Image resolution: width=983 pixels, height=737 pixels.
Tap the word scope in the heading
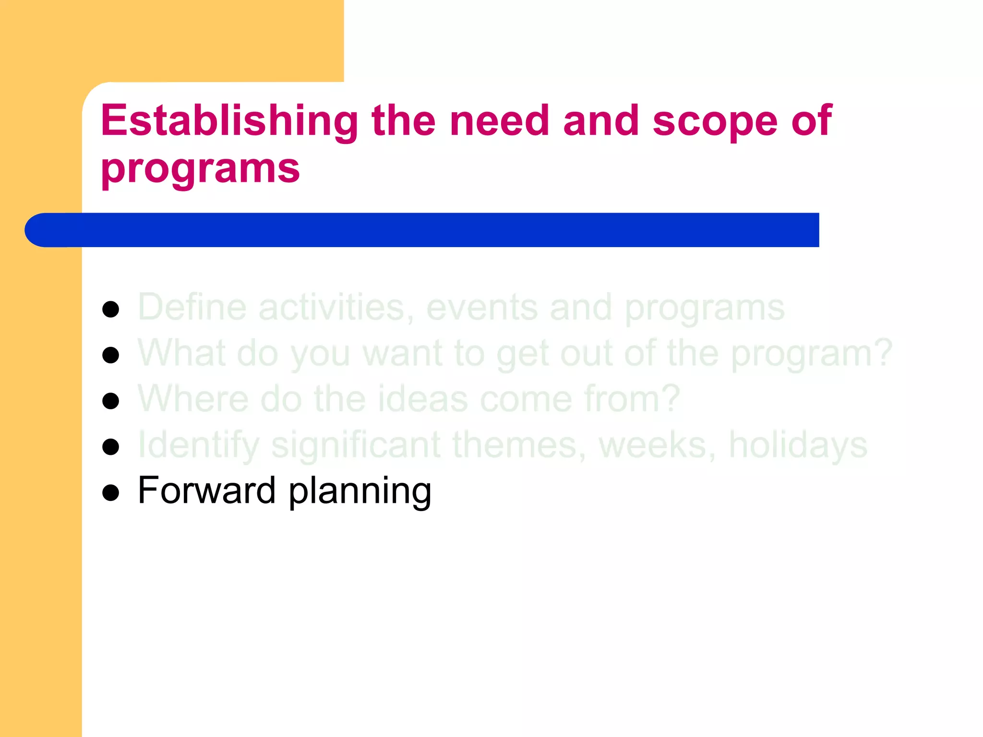(x=715, y=121)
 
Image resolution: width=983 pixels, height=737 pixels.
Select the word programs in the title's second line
(x=200, y=169)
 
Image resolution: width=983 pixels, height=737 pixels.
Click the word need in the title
(x=499, y=121)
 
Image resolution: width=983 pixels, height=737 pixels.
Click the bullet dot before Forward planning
(x=111, y=493)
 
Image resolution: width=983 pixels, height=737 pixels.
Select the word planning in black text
(x=360, y=492)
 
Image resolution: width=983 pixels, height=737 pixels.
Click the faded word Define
(x=192, y=307)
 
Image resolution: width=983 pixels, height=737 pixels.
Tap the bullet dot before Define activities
(x=111, y=309)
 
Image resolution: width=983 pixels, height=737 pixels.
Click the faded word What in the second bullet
(x=181, y=353)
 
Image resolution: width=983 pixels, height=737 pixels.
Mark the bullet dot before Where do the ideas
(x=111, y=401)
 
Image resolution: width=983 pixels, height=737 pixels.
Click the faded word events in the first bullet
(x=481, y=307)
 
